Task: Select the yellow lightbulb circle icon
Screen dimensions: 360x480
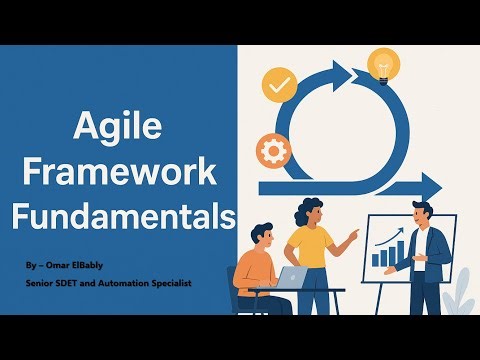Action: [382, 65]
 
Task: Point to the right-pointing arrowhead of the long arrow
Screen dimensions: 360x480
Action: [402, 185]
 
